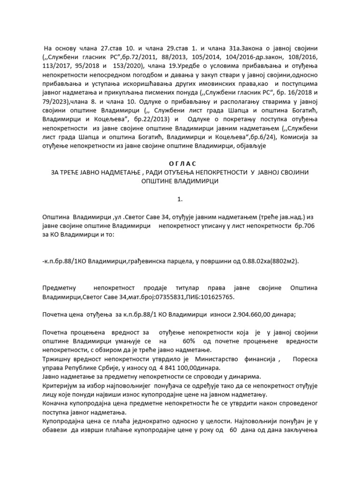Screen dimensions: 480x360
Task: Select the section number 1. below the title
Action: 180,200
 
